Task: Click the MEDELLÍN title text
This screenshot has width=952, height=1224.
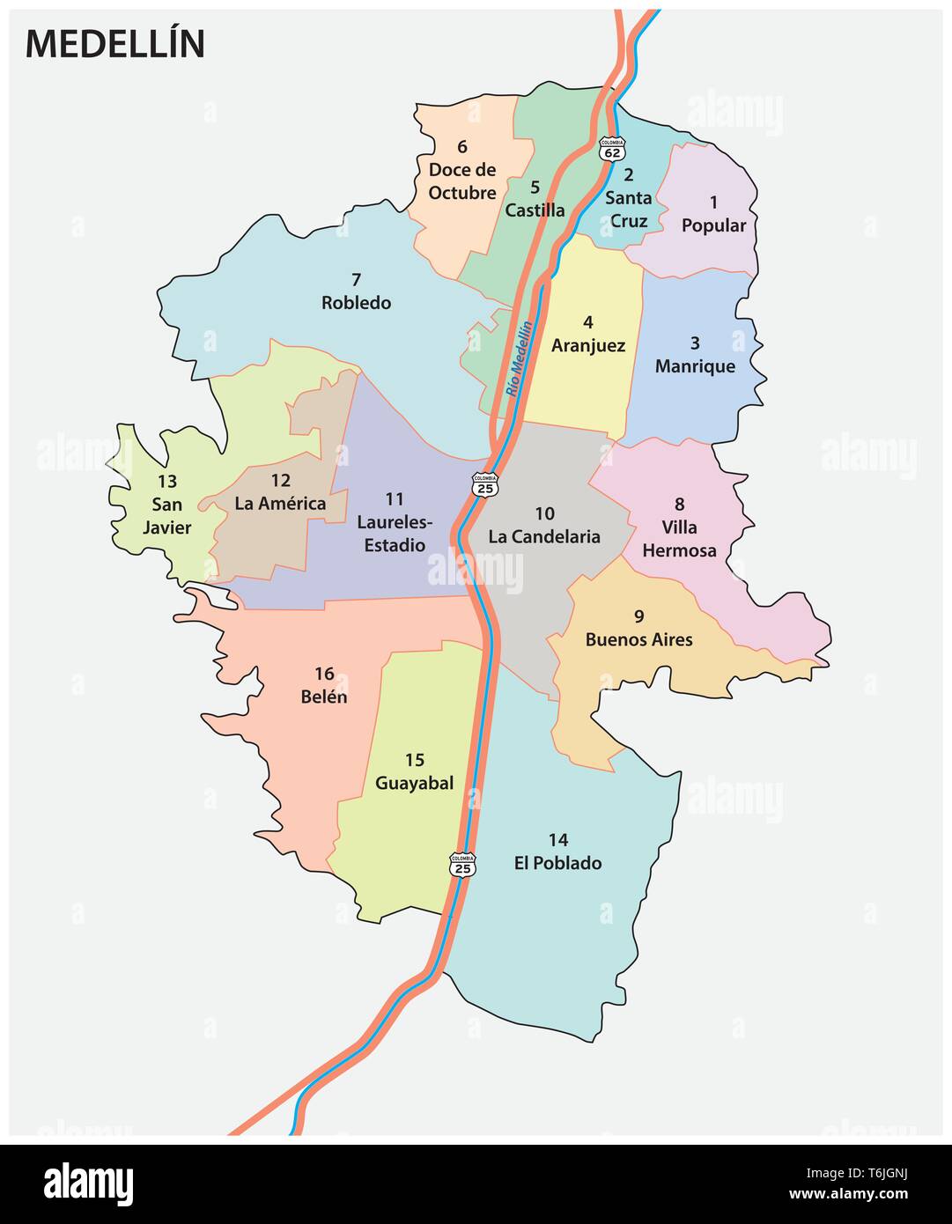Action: pos(115,44)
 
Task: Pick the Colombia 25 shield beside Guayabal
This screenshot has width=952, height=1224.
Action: pos(462,864)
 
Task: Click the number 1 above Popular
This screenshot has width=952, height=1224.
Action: pos(713,203)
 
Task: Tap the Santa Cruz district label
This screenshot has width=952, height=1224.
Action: pos(629,210)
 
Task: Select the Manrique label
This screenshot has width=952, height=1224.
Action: pos(695,366)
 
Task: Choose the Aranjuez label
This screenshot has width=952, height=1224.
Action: pos(588,345)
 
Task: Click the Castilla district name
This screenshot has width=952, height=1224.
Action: pos(535,210)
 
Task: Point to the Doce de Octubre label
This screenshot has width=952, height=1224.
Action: pos(462,181)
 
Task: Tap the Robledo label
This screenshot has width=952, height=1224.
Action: pos(356,303)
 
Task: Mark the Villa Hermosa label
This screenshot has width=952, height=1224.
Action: pos(679,539)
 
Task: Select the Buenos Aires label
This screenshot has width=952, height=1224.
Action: pos(638,640)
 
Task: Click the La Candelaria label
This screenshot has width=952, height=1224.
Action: pos(544,536)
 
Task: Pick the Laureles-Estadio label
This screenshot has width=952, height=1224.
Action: pos(392,534)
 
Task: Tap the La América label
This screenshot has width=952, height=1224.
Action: pos(280,504)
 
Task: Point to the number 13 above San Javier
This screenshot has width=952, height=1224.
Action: pos(166,482)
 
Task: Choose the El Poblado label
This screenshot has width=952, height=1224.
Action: pos(557,863)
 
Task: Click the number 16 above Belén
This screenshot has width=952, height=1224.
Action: pos(324,674)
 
